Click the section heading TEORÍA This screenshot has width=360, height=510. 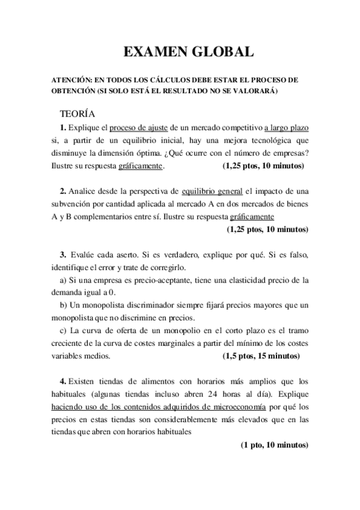point(77,113)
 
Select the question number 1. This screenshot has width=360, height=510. point(63,127)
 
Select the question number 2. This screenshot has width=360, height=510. point(63,191)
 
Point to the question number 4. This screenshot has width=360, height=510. point(63,381)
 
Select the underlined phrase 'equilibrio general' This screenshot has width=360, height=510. point(212,191)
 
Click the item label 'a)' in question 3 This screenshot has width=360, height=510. point(63,280)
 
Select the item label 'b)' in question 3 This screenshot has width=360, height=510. point(63,305)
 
